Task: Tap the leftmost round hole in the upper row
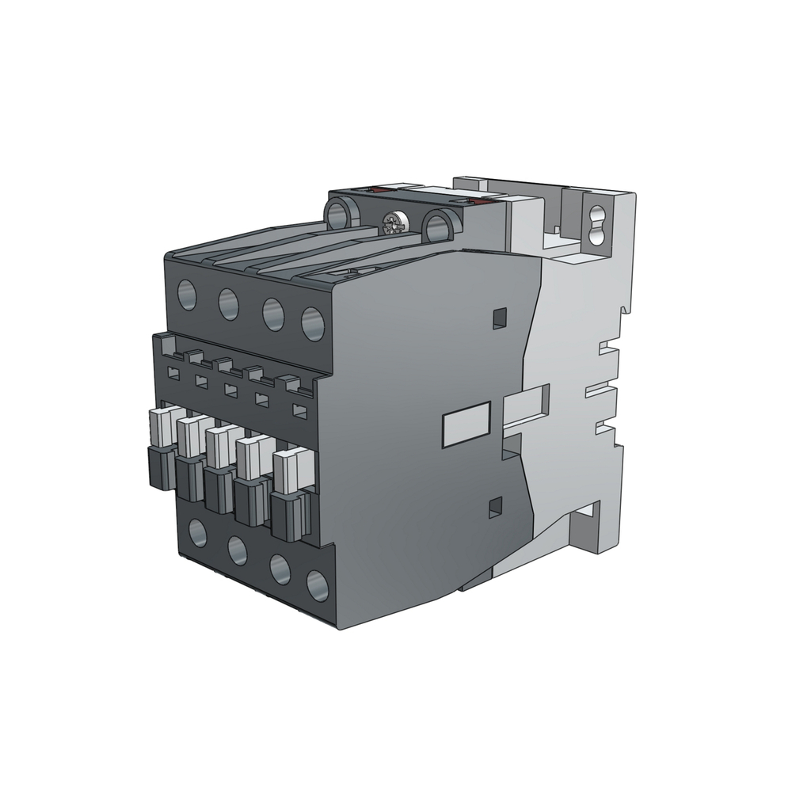188,294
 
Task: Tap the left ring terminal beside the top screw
342,212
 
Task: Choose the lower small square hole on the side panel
497,505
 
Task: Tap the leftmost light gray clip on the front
161,428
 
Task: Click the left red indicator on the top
379,190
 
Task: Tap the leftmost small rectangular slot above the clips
173,371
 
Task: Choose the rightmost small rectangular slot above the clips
299,410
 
